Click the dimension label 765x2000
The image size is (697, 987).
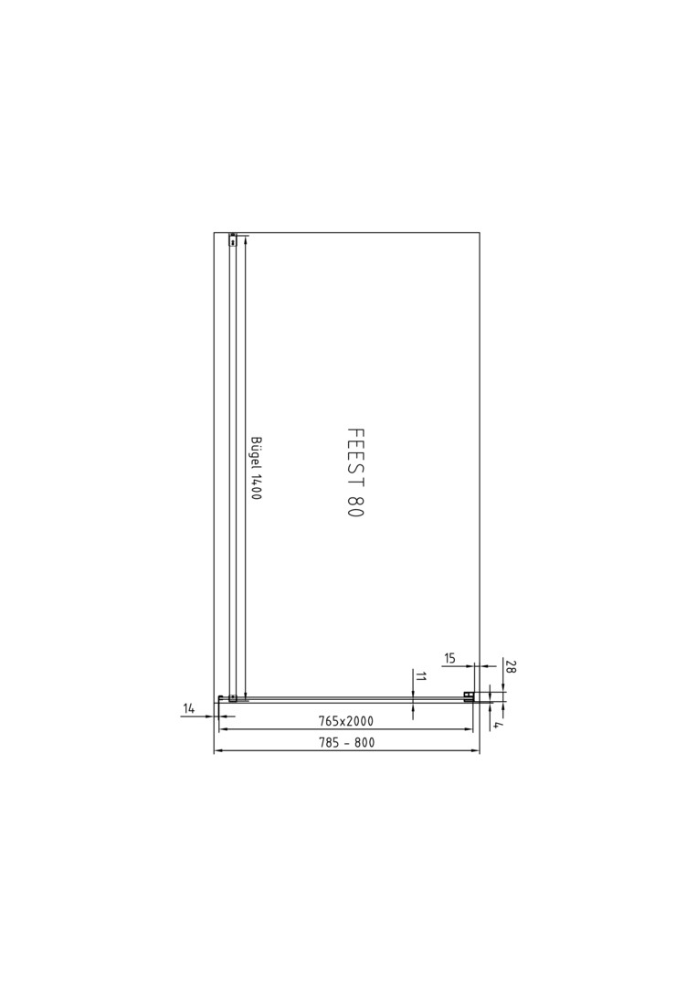point(345,721)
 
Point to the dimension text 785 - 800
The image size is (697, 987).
point(346,743)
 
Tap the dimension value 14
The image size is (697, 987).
point(189,709)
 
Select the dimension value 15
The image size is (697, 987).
point(449,658)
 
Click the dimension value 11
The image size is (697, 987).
point(421,677)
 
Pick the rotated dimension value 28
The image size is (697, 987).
point(510,667)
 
